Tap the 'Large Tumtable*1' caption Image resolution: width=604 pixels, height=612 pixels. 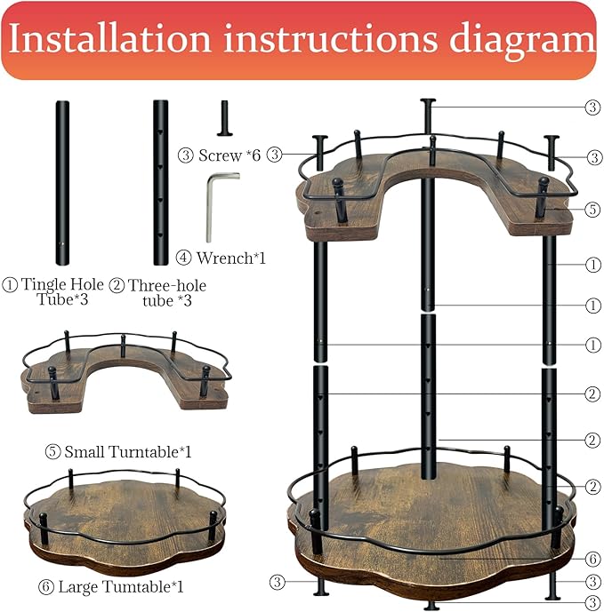(x=120, y=586)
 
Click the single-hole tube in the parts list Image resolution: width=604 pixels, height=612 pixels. (x=62, y=182)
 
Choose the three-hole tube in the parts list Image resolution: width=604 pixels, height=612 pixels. (x=160, y=182)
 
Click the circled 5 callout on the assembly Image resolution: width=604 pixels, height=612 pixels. (x=593, y=211)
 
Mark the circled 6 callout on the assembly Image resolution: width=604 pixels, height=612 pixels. (x=593, y=560)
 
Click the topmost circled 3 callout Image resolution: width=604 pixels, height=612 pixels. (x=593, y=107)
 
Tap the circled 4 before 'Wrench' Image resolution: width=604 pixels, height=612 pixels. (x=185, y=258)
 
